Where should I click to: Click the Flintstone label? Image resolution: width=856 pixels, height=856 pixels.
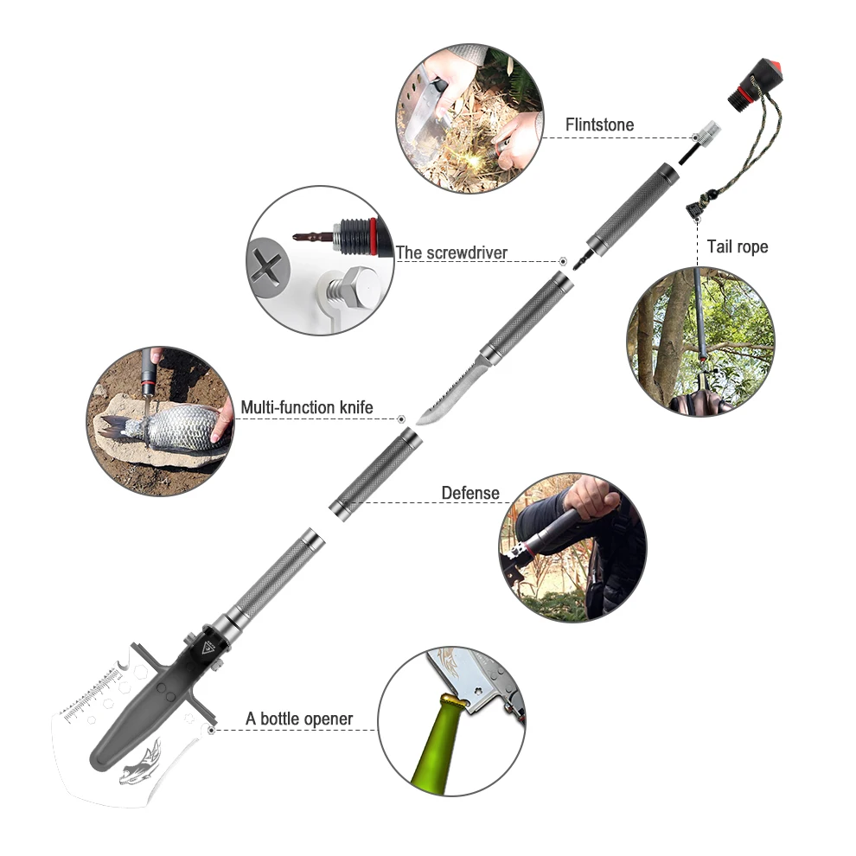click(x=599, y=125)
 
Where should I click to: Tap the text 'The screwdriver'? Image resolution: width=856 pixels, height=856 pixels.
click(x=451, y=252)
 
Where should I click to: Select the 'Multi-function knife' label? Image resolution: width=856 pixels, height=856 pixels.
click(x=307, y=407)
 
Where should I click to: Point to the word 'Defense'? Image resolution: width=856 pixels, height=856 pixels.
click(x=470, y=493)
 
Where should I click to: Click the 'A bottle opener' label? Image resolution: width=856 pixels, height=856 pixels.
click(x=299, y=719)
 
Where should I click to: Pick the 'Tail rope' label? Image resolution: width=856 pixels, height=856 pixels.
click(x=737, y=246)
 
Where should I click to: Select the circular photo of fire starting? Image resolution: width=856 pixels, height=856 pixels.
click(x=470, y=118)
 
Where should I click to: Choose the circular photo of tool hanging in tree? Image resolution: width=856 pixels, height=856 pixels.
click(x=700, y=342)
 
